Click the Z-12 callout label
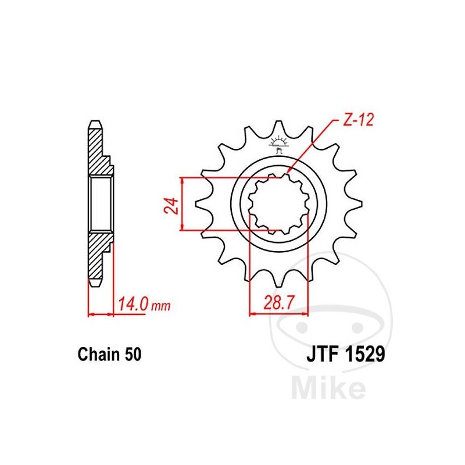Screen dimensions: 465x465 tap(358, 119)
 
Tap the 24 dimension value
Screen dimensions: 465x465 tap(171, 205)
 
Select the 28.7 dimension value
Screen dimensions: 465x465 tap(279, 303)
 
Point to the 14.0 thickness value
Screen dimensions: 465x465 tap(133, 304)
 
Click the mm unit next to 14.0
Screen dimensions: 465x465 tap(161, 306)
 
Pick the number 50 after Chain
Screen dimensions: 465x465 tap(133, 354)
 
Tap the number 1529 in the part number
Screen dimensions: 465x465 tap(364, 354)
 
